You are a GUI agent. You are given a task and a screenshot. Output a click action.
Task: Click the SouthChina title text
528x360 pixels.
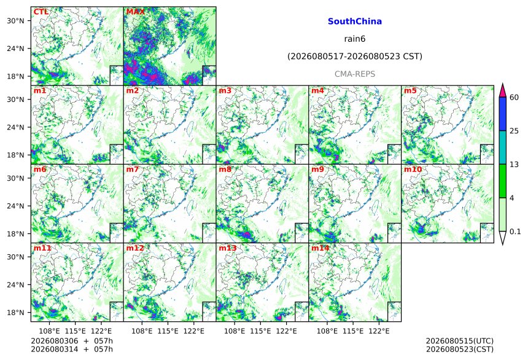coord(355,22)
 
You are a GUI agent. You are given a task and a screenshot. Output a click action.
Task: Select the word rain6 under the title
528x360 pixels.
coord(355,39)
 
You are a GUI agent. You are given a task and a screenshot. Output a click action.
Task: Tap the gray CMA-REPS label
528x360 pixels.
coord(355,74)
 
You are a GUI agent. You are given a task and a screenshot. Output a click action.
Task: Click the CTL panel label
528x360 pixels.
coord(41,12)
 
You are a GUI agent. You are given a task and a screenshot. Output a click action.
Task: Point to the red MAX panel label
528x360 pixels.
coord(135,12)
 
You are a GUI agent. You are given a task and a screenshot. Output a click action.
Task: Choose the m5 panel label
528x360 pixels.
coord(410,90)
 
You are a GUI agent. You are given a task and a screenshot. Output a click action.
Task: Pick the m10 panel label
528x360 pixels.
coord(413,169)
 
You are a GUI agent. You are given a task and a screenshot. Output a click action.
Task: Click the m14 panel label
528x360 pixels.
coord(320,248)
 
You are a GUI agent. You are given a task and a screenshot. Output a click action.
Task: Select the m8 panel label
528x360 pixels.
coord(225,169)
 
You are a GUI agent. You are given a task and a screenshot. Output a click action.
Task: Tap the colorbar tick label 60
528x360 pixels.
coord(514,98)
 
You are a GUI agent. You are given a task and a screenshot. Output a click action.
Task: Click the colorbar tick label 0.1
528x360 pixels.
coord(515,231)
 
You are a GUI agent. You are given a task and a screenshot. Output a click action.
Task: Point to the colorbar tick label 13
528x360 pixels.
coord(514,165)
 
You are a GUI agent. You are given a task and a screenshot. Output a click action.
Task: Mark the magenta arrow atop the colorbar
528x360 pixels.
coord(502,91)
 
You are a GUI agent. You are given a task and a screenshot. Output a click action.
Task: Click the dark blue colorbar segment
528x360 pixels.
coord(502,114)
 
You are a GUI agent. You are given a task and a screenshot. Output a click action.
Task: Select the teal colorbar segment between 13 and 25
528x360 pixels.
coord(502,147)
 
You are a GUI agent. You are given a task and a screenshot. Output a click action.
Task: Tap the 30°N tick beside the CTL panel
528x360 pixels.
coord(15,21)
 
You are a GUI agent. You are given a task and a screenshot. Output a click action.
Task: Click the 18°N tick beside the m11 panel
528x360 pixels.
coord(15,313)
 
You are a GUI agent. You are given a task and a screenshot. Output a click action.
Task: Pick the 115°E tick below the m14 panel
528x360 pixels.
coord(353,331)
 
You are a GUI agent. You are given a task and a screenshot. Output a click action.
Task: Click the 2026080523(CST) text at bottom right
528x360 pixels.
coord(460,349)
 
